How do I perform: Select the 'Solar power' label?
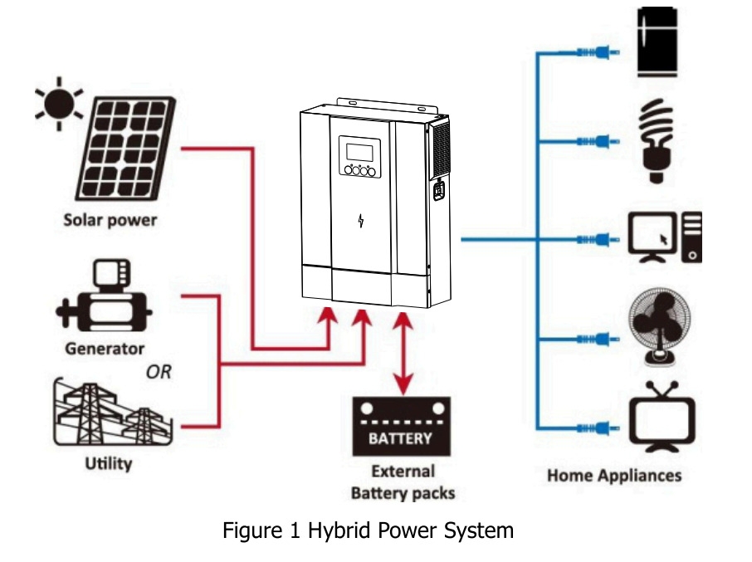(x=110, y=222)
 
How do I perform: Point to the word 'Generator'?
(x=105, y=349)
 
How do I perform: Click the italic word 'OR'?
(x=159, y=373)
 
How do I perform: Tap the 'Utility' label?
(x=108, y=463)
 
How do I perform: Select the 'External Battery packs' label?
(x=403, y=482)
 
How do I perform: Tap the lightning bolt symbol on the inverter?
(x=361, y=221)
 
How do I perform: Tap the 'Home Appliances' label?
(x=614, y=476)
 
